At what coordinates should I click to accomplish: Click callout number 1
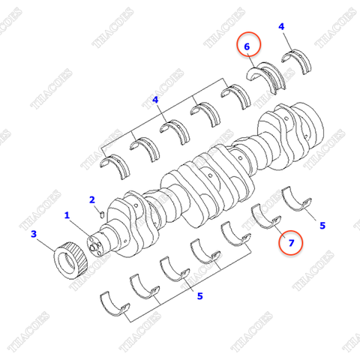coord(67,215)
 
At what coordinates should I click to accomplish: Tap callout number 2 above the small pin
coord(91,199)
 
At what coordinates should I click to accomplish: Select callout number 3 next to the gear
coord(33,235)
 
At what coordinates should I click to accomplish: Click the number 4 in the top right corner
coord(281,27)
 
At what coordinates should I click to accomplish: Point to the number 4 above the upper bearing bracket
coord(155,99)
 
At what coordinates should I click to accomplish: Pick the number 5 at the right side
coord(322,224)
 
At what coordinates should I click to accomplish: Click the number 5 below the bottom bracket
coord(199,296)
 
